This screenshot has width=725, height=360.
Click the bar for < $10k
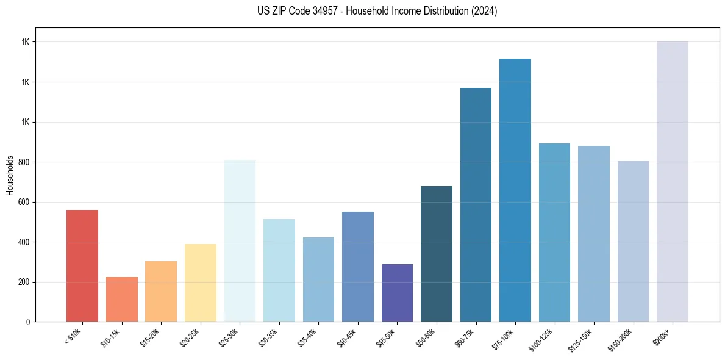point(82,265)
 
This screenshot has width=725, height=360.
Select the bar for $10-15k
point(121,299)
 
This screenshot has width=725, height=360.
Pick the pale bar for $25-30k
point(240,241)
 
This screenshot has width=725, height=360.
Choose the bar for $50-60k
point(437,254)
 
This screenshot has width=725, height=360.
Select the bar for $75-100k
point(515,190)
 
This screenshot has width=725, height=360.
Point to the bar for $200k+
point(673,181)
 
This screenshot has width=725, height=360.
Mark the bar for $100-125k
point(554,232)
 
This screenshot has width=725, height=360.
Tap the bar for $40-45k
point(358,267)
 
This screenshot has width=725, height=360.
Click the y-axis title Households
point(10,175)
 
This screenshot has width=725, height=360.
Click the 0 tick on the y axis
point(27,322)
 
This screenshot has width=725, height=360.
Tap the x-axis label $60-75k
point(464,337)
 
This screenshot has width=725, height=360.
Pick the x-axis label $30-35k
point(268,337)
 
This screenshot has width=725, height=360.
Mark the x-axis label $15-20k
point(149,337)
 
